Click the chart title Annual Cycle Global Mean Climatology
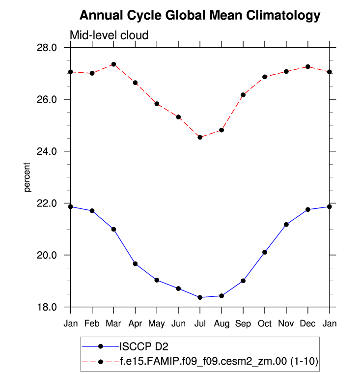(x=199, y=16)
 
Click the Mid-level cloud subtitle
(x=109, y=35)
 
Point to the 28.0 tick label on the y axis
(x=54, y=48)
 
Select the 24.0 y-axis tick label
(x=54, y=151)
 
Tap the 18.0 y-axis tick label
(x=54, y=307)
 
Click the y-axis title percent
(x=28, y=177)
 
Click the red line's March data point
(x=113, y=64)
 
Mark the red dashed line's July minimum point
(x=200, y=137)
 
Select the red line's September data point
(x=243, y=95)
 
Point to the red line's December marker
(x=307, y=66)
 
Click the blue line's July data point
(x=200, y=297)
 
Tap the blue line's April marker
(x=135, y=264)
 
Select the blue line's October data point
(x=265, y=252)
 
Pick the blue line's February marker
(x=92, y=211)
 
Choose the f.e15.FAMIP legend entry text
(x=219, y=361)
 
